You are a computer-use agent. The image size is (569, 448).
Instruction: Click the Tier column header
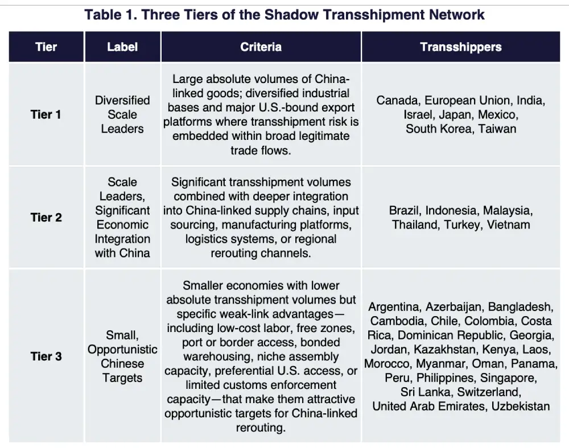pos(46,47)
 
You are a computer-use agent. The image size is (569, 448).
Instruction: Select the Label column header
pos(122,47)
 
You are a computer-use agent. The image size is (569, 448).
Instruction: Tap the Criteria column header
pos(261,47)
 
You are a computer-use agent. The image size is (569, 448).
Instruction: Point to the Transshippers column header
pos(461,47)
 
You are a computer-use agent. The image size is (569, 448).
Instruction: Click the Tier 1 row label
pos(46,114)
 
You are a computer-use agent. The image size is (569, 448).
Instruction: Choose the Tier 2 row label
pos(46,218)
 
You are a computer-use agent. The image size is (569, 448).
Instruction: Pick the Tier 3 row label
pos(46,356)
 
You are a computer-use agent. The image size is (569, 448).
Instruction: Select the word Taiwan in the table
pos(497,128)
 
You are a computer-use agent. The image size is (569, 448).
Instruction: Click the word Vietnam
pos(508,225)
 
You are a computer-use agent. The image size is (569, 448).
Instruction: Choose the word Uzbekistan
pos(521,406)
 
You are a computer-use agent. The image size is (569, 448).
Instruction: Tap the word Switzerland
pos(489,392)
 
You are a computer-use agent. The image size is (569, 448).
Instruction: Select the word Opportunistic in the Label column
pos(122,350)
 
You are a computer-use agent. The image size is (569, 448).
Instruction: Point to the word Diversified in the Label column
pos(122,101)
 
